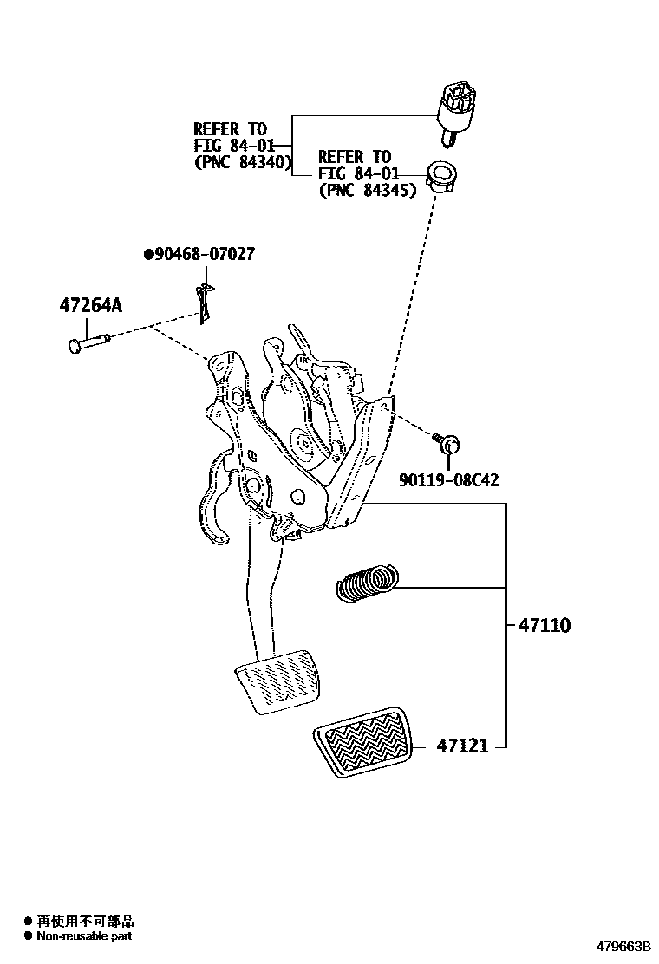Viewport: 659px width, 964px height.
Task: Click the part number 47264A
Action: pos(91,305)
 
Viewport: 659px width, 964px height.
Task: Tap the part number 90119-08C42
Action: pos(448,480)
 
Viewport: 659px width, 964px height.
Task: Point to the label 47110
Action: pos(545,625)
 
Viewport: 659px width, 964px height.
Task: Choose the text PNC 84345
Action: pos(368,190)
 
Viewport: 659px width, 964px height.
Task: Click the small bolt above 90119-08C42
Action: pos(448,444)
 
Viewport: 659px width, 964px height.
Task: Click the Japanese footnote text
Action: pos(84,921)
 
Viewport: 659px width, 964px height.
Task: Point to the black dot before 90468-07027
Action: pos(148,254)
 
